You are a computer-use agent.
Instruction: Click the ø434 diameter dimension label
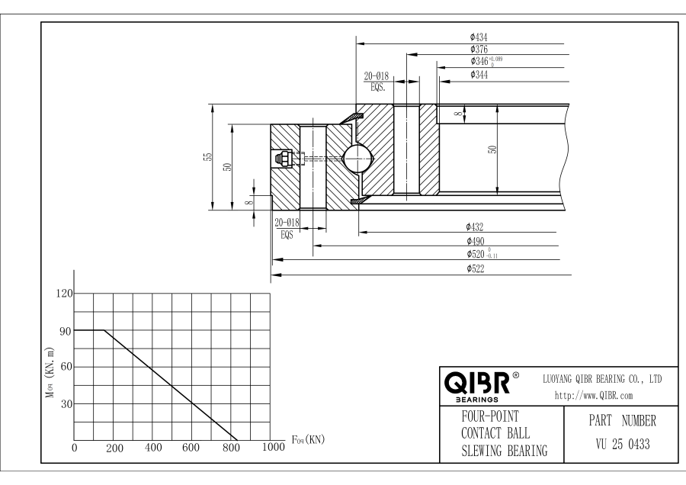coord(479,36)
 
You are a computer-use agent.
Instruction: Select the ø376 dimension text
coord(479,49)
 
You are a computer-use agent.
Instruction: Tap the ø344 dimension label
coord(479,73)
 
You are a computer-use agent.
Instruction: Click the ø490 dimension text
coord(476,240)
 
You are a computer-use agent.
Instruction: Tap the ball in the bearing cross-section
coord(357,159)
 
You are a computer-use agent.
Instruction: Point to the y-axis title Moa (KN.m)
coord(50,369)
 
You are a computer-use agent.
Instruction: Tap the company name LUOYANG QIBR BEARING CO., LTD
coord(601,379)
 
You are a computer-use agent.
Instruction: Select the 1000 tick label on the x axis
coord(272,448)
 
